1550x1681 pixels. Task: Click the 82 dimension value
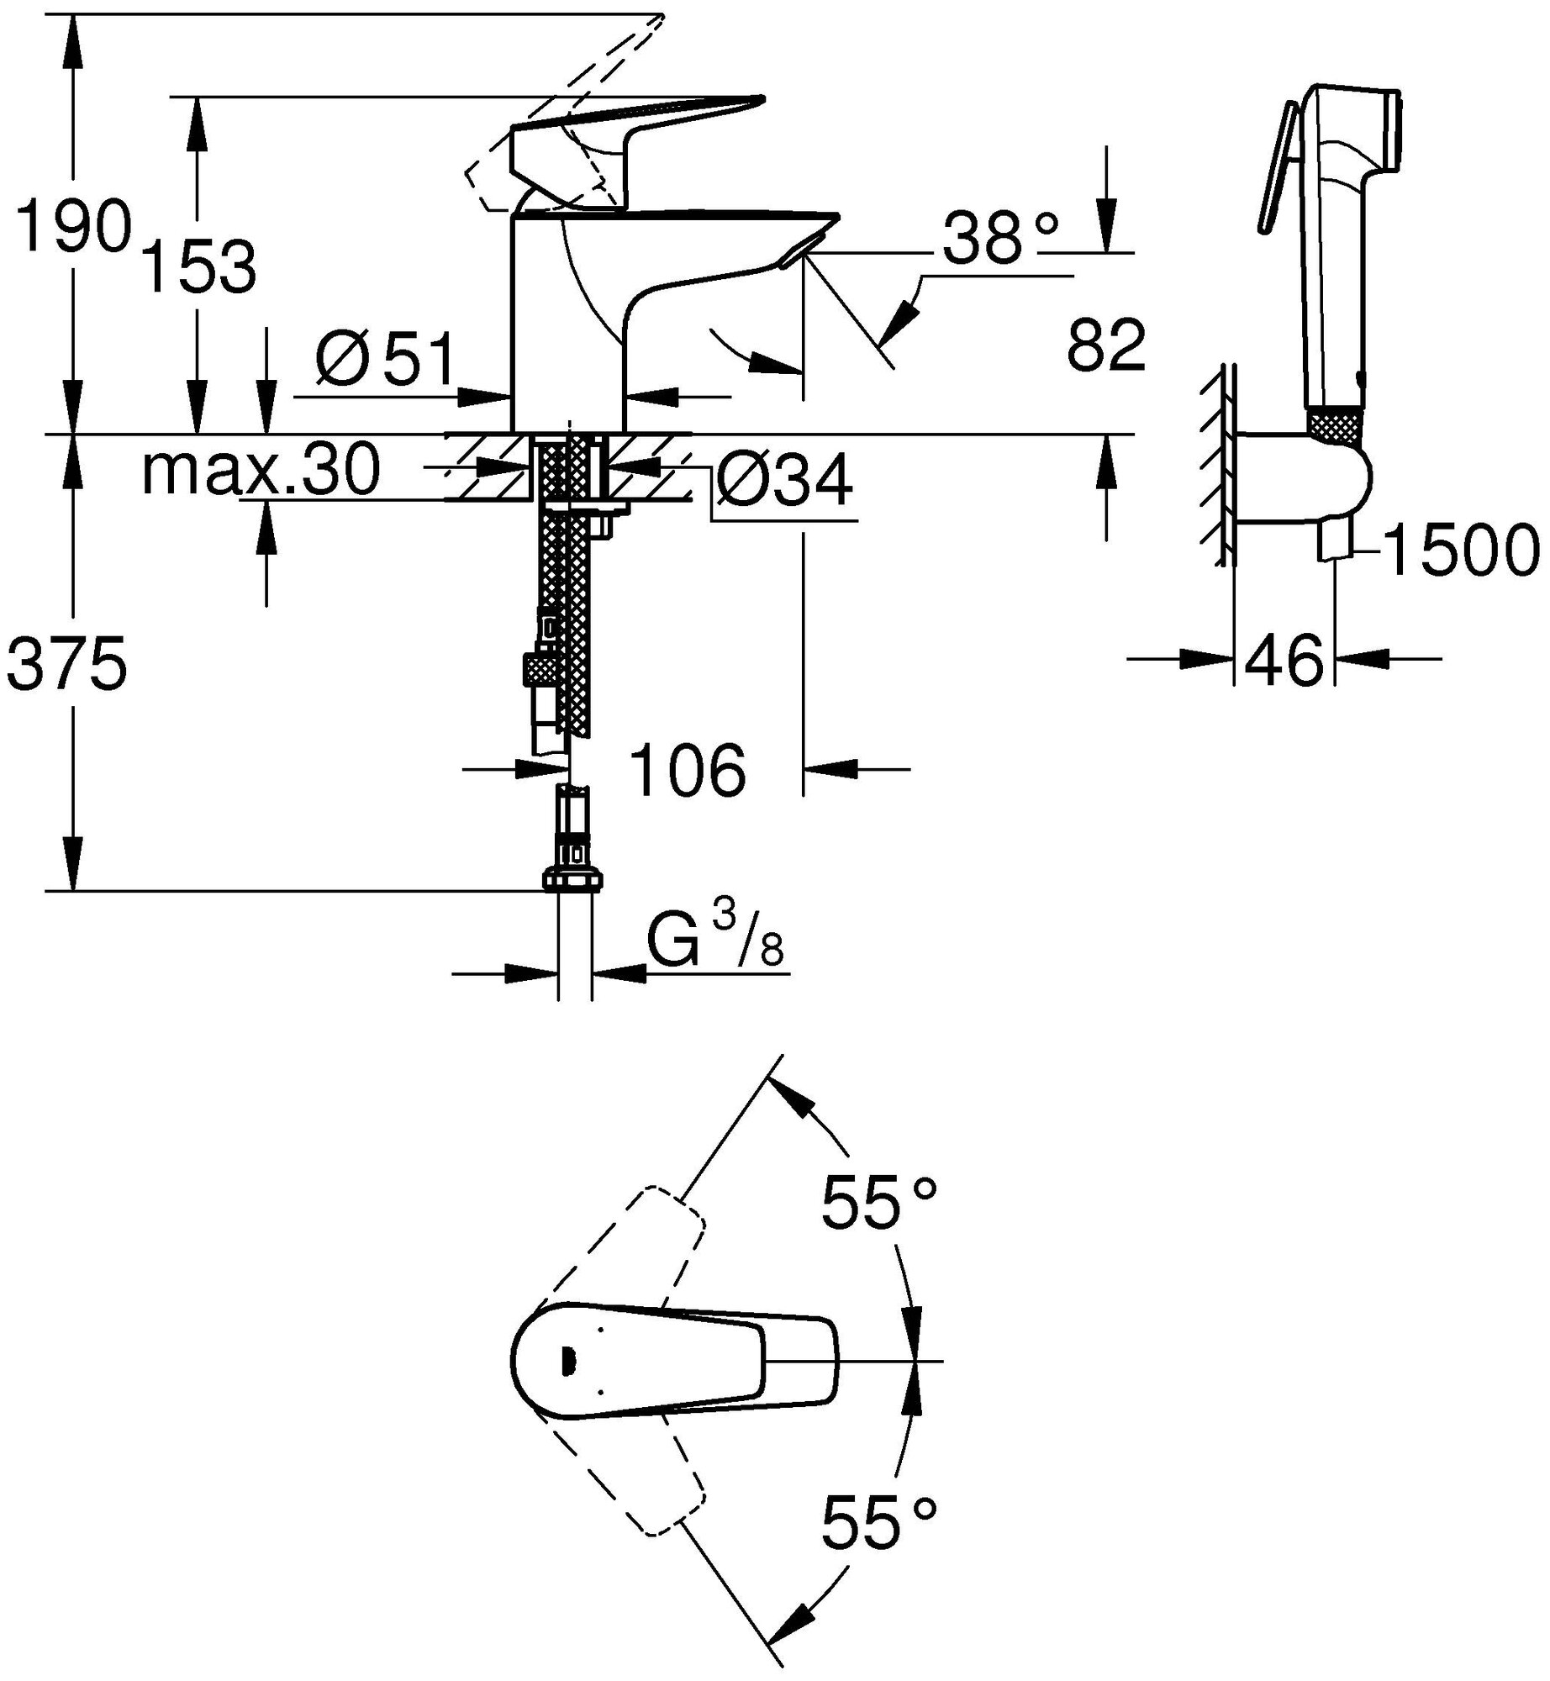1106,345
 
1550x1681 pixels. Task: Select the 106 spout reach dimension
688,771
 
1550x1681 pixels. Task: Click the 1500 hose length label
1461,551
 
